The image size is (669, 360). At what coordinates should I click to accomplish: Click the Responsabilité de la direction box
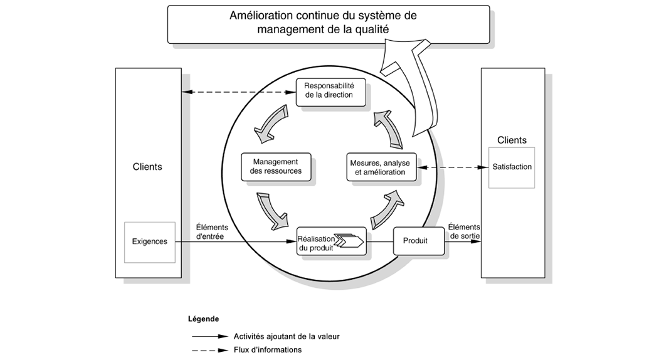click(x=329, y=91)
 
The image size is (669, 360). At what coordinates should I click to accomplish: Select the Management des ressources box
click(x=276, y=166)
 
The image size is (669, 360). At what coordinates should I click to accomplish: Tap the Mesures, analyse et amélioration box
click(x=380, y=167)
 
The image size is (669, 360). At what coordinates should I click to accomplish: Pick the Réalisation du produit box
click(x=330, y=242)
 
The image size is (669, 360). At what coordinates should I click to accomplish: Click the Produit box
click(x=414, y=241)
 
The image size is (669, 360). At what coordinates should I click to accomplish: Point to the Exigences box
click(x=149, y=241)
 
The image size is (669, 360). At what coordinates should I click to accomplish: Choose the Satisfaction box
click(x=512, y=167)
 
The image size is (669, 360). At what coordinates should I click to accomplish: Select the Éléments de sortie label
click(x=464, y=231)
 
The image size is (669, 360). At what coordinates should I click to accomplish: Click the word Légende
click(x=203, y=319)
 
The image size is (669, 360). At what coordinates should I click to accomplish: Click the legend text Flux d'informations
click(x=268, y=350)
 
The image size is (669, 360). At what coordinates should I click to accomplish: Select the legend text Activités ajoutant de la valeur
click(x=287, y=336)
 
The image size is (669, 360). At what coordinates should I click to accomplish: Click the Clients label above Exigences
click(x=147, y=167)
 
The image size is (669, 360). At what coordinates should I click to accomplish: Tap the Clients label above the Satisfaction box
click(x=512, y=140)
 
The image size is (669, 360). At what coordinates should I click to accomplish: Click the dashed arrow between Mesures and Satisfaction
click(x=453, y=167)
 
